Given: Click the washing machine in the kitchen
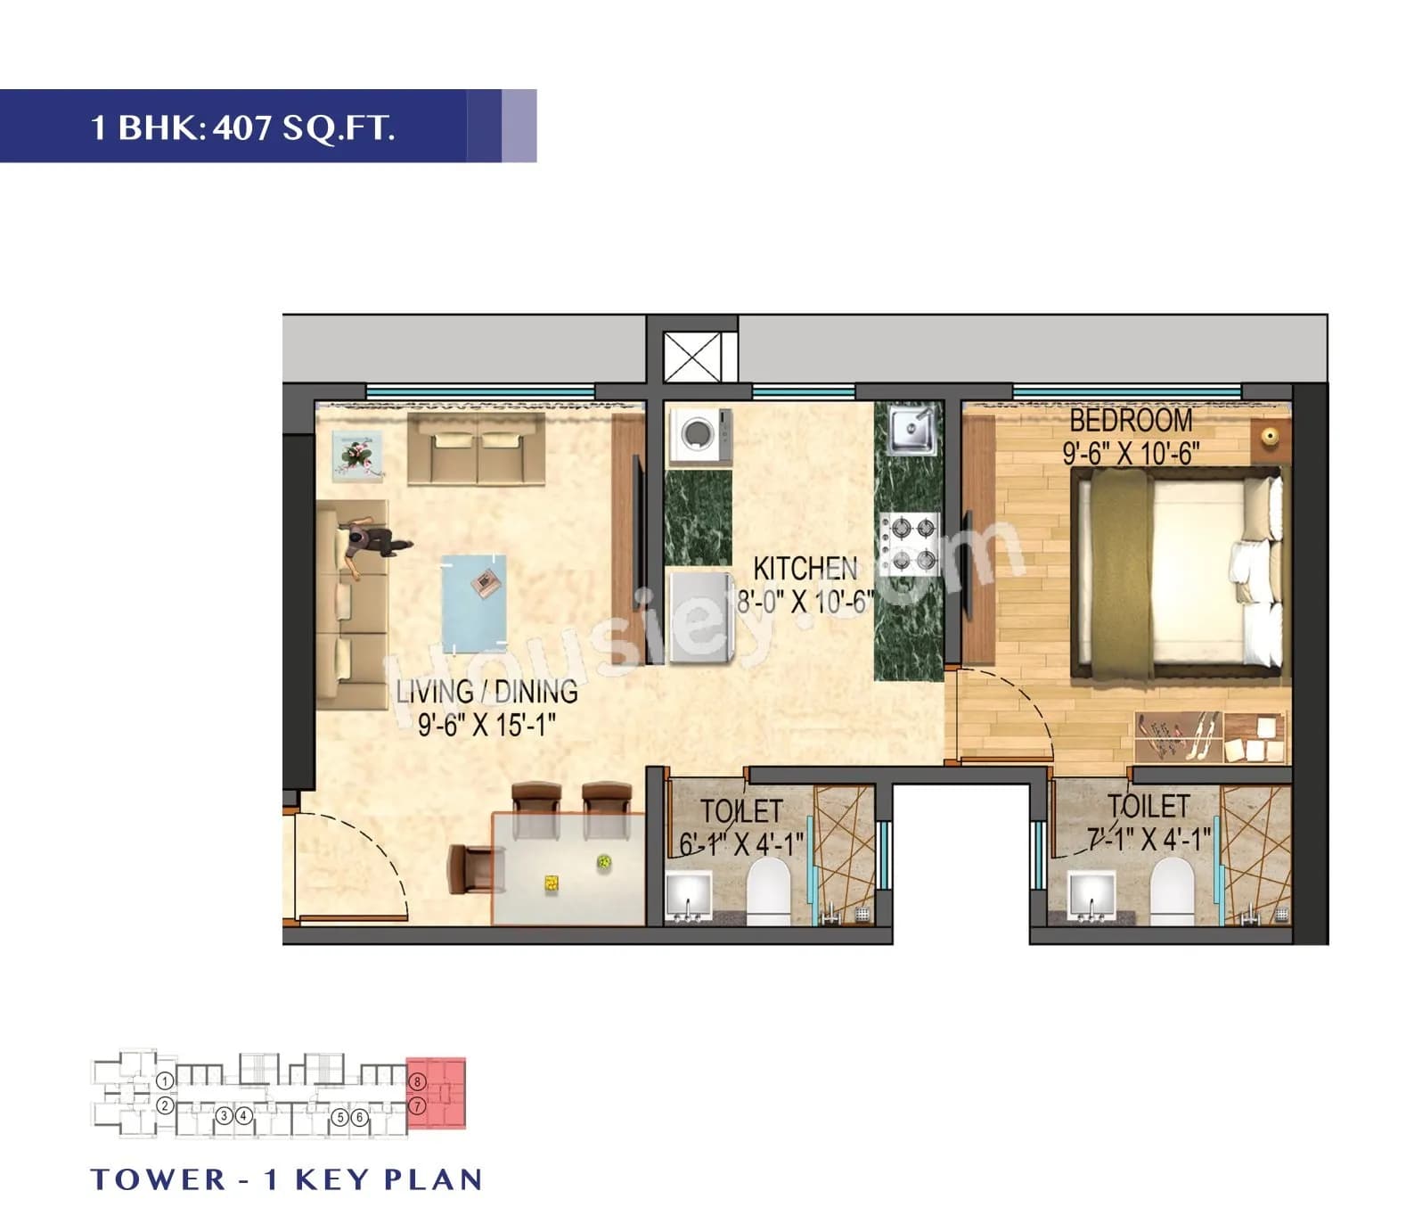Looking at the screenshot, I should [x=699, y=436].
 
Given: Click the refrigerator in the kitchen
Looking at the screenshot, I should [x=699, y=617].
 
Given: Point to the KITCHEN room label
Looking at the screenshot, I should [x=805, y=569].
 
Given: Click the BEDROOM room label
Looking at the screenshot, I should [x=1130, y=420].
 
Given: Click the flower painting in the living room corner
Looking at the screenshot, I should [x=357, y=456].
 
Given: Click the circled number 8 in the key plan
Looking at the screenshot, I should [x=417, y=1082].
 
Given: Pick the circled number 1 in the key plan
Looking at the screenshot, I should [x=165, y=1081].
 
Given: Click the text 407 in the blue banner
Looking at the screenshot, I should [x=243, y=128].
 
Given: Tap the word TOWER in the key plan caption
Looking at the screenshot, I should [x=159, y=1179].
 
